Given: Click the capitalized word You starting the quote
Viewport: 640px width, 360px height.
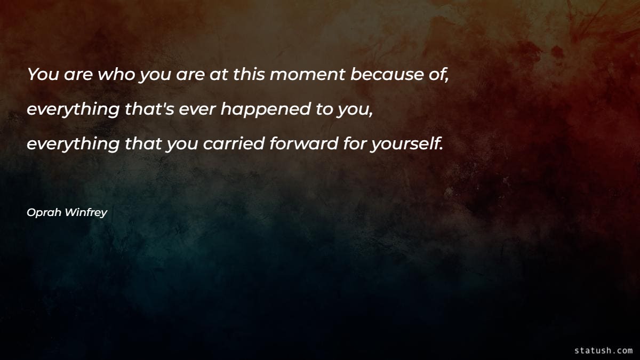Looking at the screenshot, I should [x=44, y=75].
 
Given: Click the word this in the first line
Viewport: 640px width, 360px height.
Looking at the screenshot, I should [x=249, y=75].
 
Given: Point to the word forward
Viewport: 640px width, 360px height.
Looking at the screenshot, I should [x=299, y=144].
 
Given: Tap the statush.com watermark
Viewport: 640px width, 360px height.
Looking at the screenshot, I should [x=604, y=350].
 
